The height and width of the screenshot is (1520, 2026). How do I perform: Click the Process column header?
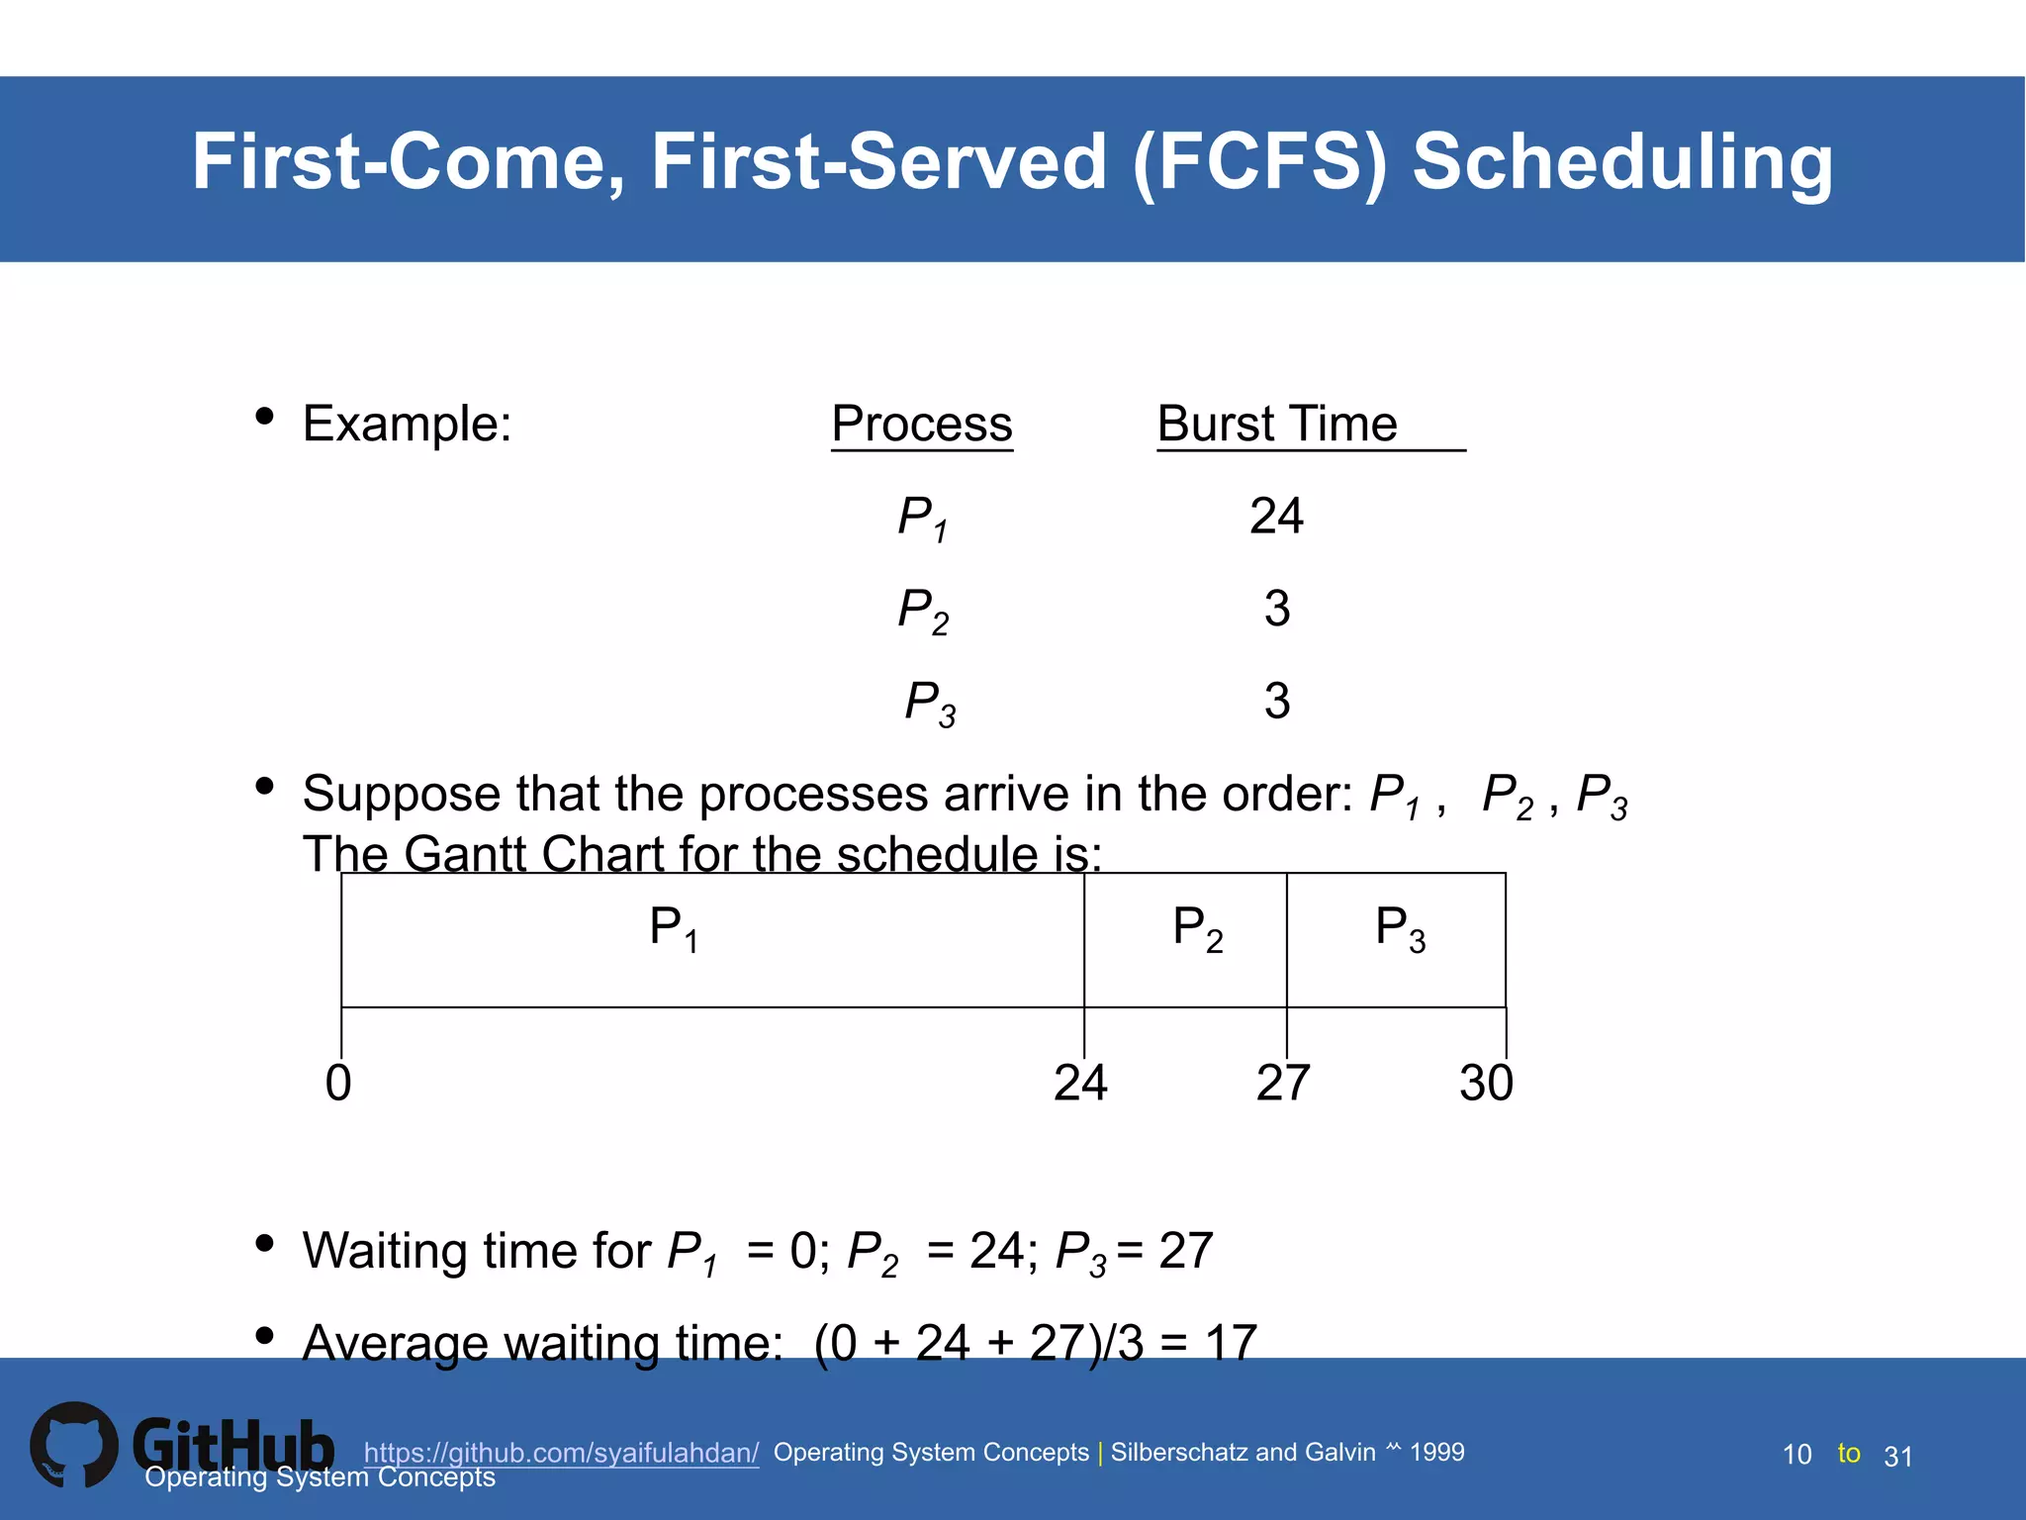coord(921,425)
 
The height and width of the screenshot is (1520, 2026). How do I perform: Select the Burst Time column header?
coord(1276,425)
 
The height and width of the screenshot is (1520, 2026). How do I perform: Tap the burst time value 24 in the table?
coord(1276,517)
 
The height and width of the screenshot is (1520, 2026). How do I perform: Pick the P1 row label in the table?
coord(922,519)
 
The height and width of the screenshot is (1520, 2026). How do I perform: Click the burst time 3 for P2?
coord(1276,609)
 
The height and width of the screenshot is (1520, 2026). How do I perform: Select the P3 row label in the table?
coord(930,703)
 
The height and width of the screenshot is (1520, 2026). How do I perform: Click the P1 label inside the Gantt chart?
coord(674,929)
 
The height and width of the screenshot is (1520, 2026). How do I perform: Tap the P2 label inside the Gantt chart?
coord(1197,929)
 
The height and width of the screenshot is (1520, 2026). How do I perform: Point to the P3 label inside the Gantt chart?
coord(1400,929)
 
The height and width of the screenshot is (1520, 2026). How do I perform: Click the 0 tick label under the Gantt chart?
coord(338,1083)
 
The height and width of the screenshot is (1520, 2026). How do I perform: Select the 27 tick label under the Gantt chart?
coord(1283,1083)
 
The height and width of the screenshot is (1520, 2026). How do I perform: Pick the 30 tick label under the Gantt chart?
coord(1486,1083)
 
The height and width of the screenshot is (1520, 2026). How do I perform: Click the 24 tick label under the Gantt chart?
coord(1080,1083)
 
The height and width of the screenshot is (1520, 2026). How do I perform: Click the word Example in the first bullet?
coord(407,425)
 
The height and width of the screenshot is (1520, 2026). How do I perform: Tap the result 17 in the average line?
coord(1231,1343)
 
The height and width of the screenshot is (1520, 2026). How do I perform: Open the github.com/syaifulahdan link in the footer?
coord(561,1452)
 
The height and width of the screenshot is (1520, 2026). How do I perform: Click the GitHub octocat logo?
coord(73,1445)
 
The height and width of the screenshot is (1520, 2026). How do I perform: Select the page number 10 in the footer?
coord(1796,1455)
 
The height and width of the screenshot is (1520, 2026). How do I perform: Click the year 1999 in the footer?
coord(1436,1452)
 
